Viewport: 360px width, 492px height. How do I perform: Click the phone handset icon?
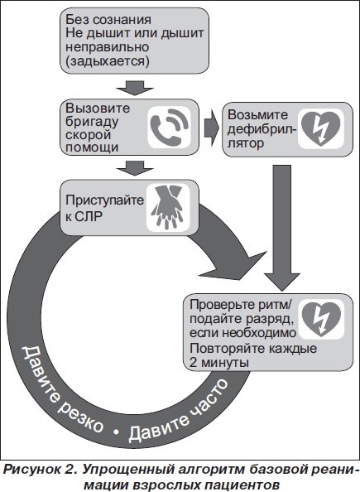coord(170,127)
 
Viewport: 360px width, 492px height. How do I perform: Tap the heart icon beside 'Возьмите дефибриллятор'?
coord(320,128)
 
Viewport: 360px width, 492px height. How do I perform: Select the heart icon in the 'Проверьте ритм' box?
coord(321,319)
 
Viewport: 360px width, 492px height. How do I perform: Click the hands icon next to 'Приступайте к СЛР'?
coord(168,207)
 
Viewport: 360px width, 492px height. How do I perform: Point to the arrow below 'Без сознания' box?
coord(135,88)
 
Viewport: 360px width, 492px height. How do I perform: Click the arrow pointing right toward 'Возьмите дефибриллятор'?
coord(212,128)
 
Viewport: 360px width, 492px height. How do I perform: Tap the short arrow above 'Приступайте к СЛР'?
coord(135,168)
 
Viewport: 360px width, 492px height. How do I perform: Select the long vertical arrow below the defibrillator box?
coord(282,228)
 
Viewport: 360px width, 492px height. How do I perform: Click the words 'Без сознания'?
coord(108,20)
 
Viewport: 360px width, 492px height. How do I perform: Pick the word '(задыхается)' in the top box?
coord(108,60)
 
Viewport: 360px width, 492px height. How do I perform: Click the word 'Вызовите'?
coord(98,109)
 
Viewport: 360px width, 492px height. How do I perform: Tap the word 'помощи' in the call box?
coord(92,147)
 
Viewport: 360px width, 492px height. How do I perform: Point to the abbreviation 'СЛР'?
coord(89,216)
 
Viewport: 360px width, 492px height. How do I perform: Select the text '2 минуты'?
coord(219,363)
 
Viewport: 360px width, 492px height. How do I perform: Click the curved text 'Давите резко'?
coord(62,391)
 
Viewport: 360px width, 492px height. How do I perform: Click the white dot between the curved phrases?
coord(116,432)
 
